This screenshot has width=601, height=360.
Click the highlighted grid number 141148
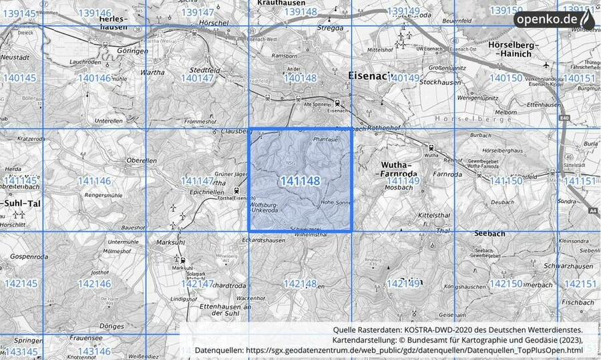coord(300,181)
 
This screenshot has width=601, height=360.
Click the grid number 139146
coord(94,13)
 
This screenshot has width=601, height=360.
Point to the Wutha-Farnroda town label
coord(399,169)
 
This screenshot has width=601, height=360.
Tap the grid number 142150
coord(506,284)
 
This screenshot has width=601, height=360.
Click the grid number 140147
coord(197,78)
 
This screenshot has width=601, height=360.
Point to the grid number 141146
coord(94,181)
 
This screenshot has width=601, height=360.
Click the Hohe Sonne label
coord(335,202)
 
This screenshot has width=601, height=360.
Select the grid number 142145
coord(21,284)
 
